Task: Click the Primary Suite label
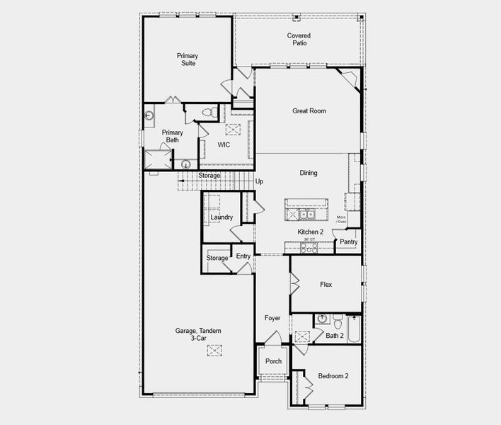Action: [188, 59]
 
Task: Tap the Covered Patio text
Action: [299, 39]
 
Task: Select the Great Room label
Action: [309, 111]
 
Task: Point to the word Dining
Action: [309, 173]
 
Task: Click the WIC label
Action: [224, 144]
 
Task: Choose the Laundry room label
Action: [221, 217]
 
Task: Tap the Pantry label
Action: [348, 242]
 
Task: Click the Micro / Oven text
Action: [341, 220]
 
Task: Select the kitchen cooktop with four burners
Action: [310, 247]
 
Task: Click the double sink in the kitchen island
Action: [306, 213]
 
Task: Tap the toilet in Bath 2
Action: [338, 318]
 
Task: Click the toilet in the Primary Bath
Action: [208, 113]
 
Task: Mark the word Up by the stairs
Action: [260, 182]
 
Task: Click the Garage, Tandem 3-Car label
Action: [198, 334]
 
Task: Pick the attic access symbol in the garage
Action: [215, 350]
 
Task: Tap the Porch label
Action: [273, 361]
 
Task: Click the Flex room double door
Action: [293, 284]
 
